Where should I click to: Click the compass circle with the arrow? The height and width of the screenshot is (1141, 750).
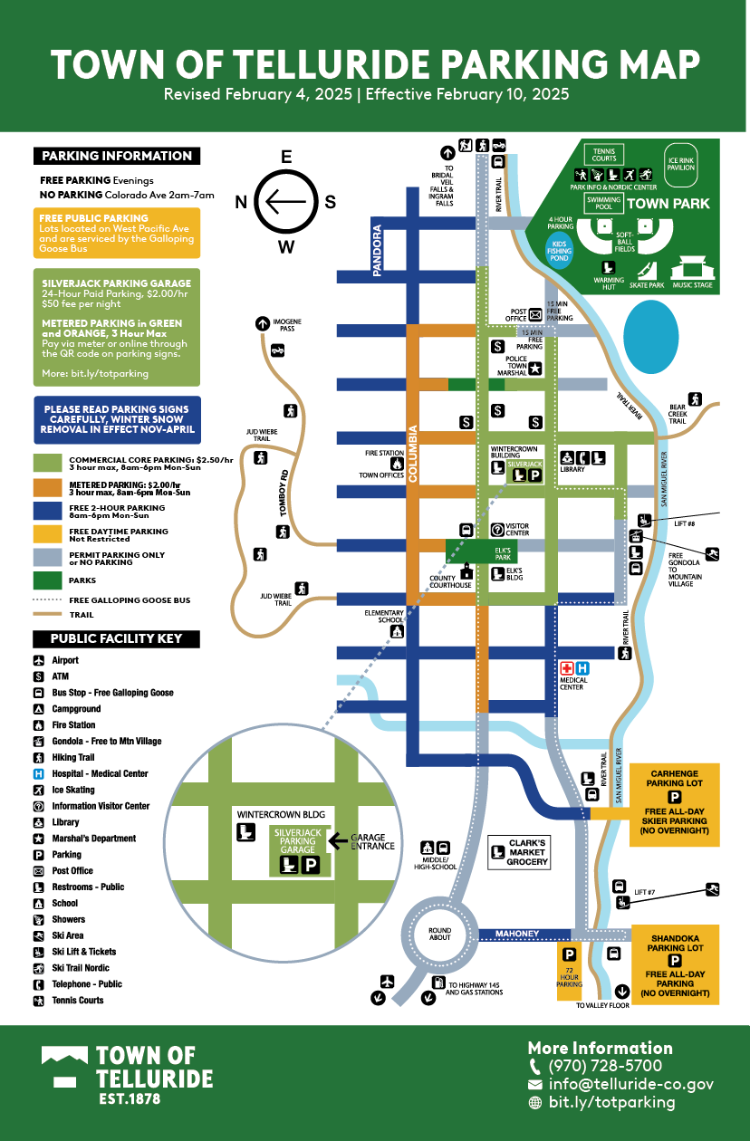click(286, 202)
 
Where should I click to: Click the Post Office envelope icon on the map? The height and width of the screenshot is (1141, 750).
click(535, 314)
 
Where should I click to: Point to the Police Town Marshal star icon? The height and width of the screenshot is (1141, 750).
click(535, 368)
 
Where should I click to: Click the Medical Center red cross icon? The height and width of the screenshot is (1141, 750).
click(569, 667)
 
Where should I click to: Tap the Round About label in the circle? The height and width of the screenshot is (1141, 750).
click(439, 935)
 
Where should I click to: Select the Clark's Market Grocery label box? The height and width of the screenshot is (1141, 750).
click(518, 852)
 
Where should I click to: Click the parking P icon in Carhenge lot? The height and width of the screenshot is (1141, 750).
click(674, 797)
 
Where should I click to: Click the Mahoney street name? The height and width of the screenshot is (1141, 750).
click(517, 934)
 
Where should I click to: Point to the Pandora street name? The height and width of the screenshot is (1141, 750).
click(379, 250)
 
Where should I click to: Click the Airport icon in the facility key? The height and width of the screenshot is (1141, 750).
click(39, 661)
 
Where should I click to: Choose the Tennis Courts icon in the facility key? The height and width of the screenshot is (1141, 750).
click(39, 1001)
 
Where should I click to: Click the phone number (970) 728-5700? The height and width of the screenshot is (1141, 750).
click(605, 1066)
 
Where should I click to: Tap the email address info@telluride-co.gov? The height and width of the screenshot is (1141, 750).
click(630, 1084)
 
